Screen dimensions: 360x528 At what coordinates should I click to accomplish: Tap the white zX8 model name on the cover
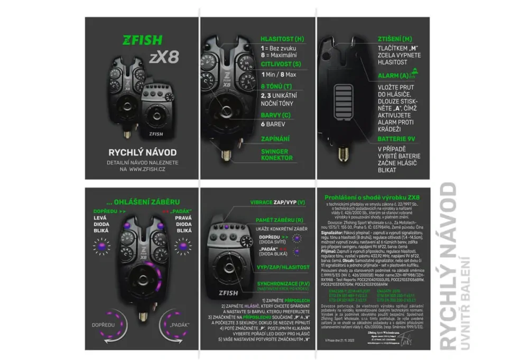[163, 58]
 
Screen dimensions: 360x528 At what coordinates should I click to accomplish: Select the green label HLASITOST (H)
[282, 39]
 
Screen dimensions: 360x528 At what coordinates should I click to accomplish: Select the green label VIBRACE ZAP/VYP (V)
[277, 202]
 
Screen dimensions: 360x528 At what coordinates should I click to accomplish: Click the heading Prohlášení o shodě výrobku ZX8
[372, 197]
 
